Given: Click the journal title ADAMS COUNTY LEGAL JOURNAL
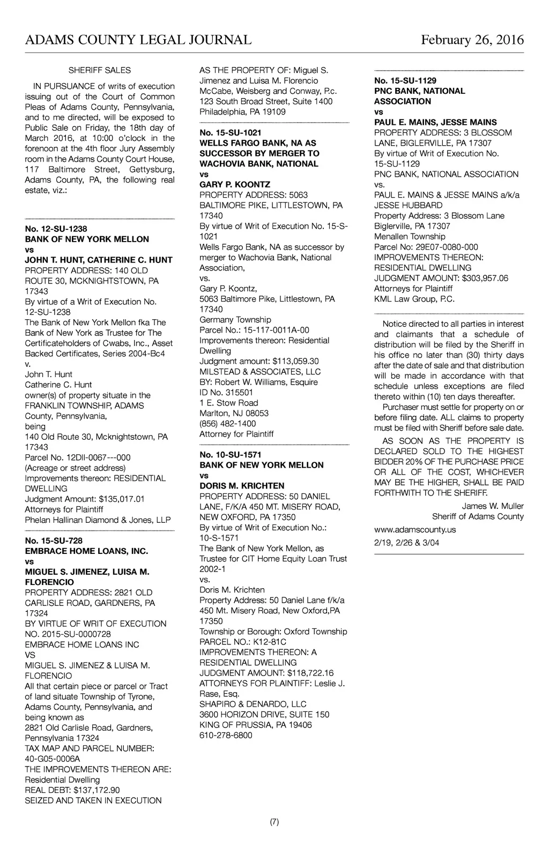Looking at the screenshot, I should click(138, 40).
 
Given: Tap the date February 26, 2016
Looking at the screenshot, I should click(472, 40).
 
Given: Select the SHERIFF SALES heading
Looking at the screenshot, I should click(100, 70).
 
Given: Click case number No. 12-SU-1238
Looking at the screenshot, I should click(56, 229).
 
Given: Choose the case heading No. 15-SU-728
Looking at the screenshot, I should click(54, 541).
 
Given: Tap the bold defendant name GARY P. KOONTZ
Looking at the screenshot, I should click(235, 184).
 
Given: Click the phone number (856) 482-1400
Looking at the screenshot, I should click(228, 423).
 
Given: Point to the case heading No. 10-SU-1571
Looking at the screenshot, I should click(231, 455).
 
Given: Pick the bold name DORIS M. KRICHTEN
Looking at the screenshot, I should click(242, 486).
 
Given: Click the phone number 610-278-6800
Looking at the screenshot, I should click(226, 735).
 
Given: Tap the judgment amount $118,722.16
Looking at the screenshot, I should click(310, 673).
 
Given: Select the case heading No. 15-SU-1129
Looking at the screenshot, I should click(405, 80).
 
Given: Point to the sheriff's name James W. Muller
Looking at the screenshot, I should click(493, 506).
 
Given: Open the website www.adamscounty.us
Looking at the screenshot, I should click(415, 529).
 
